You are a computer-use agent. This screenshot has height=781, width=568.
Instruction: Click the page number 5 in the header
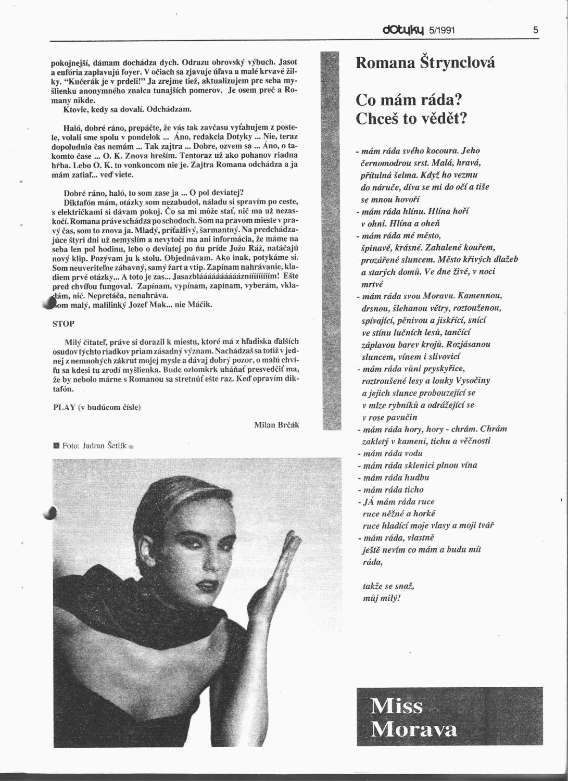535,30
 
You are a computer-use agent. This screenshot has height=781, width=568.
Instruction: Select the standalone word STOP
64,323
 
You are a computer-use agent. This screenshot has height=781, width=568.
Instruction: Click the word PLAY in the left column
65,407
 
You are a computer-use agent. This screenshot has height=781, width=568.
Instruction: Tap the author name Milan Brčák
276,425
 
